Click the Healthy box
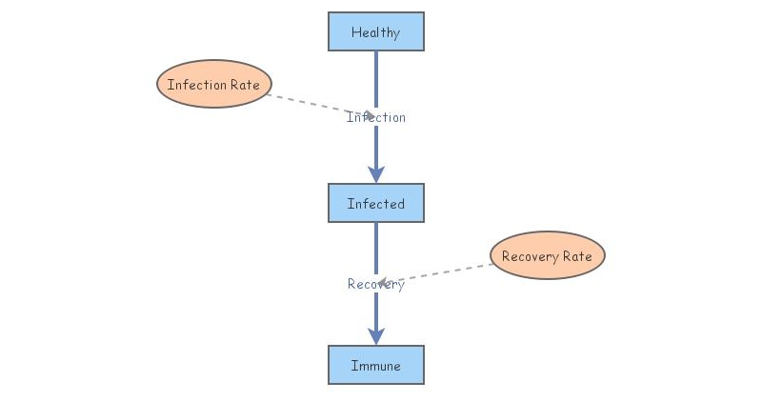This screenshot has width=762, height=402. click(x=375, y=31)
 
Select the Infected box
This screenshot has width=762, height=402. click(x=375, y=203)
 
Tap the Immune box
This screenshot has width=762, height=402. click(x=375, y=365)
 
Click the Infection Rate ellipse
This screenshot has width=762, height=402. click(x=213, y=85)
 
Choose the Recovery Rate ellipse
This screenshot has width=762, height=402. click(x=547, y=255)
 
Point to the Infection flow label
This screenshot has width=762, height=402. click(x=375, y=117)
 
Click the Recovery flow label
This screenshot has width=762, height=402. click(x=375, y=284)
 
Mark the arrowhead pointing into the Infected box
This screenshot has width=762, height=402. click(x=376, y=173)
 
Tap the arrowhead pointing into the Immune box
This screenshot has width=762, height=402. click(x=376, y=335)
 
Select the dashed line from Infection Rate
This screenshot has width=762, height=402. click(x=305, y=102)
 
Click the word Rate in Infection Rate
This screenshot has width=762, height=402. click(x=244, y=85)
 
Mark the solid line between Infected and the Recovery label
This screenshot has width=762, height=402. click(x=376, y=248)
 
